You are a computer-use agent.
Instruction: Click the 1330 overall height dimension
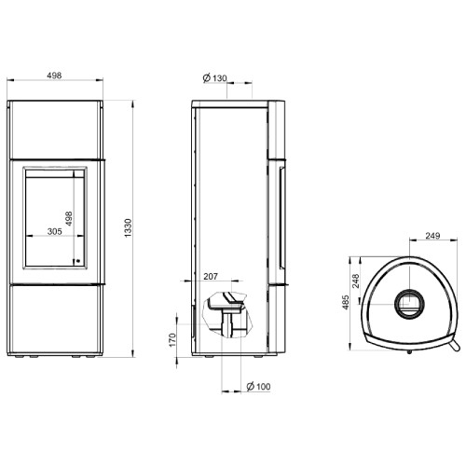pos(128,228)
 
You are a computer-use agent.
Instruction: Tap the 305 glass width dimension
pos(55,231)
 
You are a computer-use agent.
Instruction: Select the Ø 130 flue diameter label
pos(215,78)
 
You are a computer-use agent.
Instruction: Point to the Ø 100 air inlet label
pos(258,387)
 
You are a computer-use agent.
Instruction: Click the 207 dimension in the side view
pos(211,276)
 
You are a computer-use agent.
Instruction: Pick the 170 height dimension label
pos(172,340)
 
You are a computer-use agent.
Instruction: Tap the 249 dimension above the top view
pos(432,236)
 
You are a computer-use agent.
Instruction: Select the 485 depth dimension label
pos(346,302)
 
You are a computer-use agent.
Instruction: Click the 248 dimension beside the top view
pos(356,281)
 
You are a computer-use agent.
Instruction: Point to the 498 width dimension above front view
pos(54,75)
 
